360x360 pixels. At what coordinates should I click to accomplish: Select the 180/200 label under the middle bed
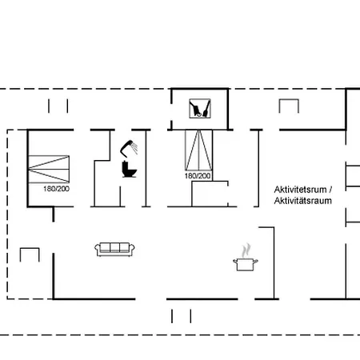tap(198, 175)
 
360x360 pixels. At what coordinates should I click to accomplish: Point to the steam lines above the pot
tap(246, 250)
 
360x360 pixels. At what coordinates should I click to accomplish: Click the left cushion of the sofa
tap(105, 248)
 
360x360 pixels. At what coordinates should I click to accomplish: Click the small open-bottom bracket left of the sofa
tap(30, 255)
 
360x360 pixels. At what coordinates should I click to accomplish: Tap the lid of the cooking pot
tap(244, 258)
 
